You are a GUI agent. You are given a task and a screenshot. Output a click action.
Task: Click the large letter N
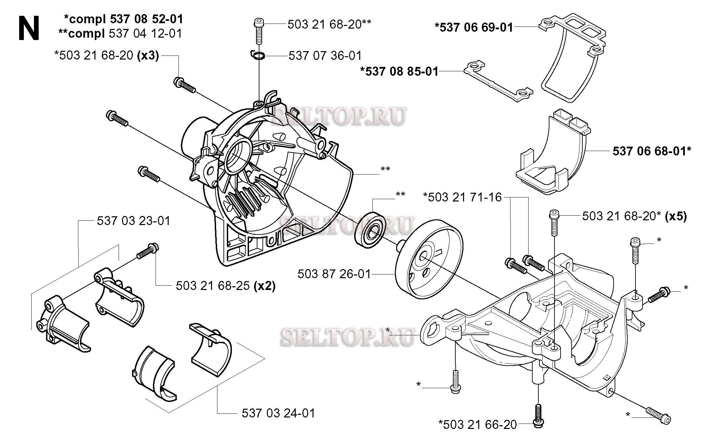pyautogui.click(x=29, y=29)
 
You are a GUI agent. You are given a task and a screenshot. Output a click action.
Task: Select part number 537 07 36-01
pyautogui.click(x=325, y=56)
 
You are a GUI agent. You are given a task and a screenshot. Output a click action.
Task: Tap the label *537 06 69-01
pyautogui.click(x=474, y=27)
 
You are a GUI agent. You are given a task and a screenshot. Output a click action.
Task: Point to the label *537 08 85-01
pyautogui.click(x=399, y=72)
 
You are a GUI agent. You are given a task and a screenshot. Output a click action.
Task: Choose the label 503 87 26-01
pyautogui.click(x=334, y=274)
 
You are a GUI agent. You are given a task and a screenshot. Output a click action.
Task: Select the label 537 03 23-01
pyautogui.click(x=134, y=221)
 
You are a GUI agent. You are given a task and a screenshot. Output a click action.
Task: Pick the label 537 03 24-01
pyautogui.click(x=279, y=413)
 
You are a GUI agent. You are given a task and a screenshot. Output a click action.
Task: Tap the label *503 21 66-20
pyautogui.click(x=478, y=425)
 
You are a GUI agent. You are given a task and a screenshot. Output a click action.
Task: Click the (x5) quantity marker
pyautogui.click(x=676, y=216)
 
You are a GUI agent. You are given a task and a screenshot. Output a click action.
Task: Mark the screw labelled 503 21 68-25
pyautogui.click(x=148, y=252)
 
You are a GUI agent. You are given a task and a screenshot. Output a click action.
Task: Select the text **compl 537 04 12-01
pyautogui.click(x=120, y=34)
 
